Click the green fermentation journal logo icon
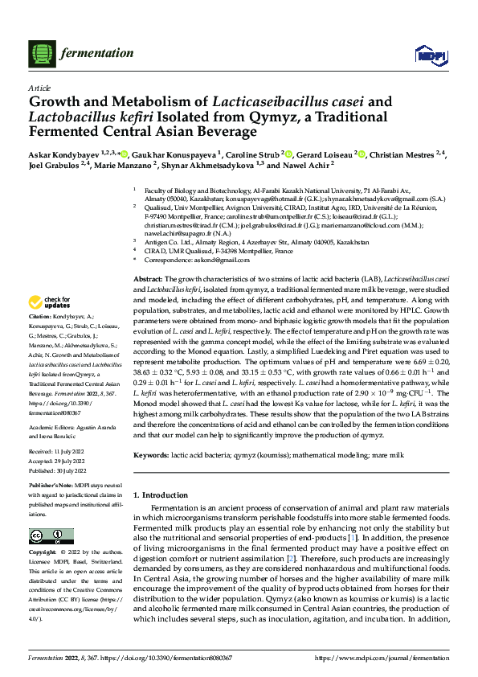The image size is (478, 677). [x=39, y=54]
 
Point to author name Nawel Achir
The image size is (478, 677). [x=308, y=165]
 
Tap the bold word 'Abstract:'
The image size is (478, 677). [x=149, y=277]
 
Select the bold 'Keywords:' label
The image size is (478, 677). [x=152, y=455]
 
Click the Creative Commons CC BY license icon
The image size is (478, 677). [x=47, y=535]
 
